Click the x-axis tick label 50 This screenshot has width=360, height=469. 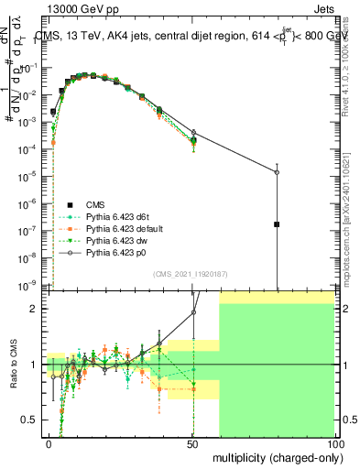click(192, 443)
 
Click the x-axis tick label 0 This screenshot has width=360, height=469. click(49, 443)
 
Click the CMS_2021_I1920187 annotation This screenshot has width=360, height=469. click(191, 274)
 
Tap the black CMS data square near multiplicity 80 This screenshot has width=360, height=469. click(277, 224)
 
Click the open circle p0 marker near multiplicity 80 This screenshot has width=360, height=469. click(277, 172)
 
